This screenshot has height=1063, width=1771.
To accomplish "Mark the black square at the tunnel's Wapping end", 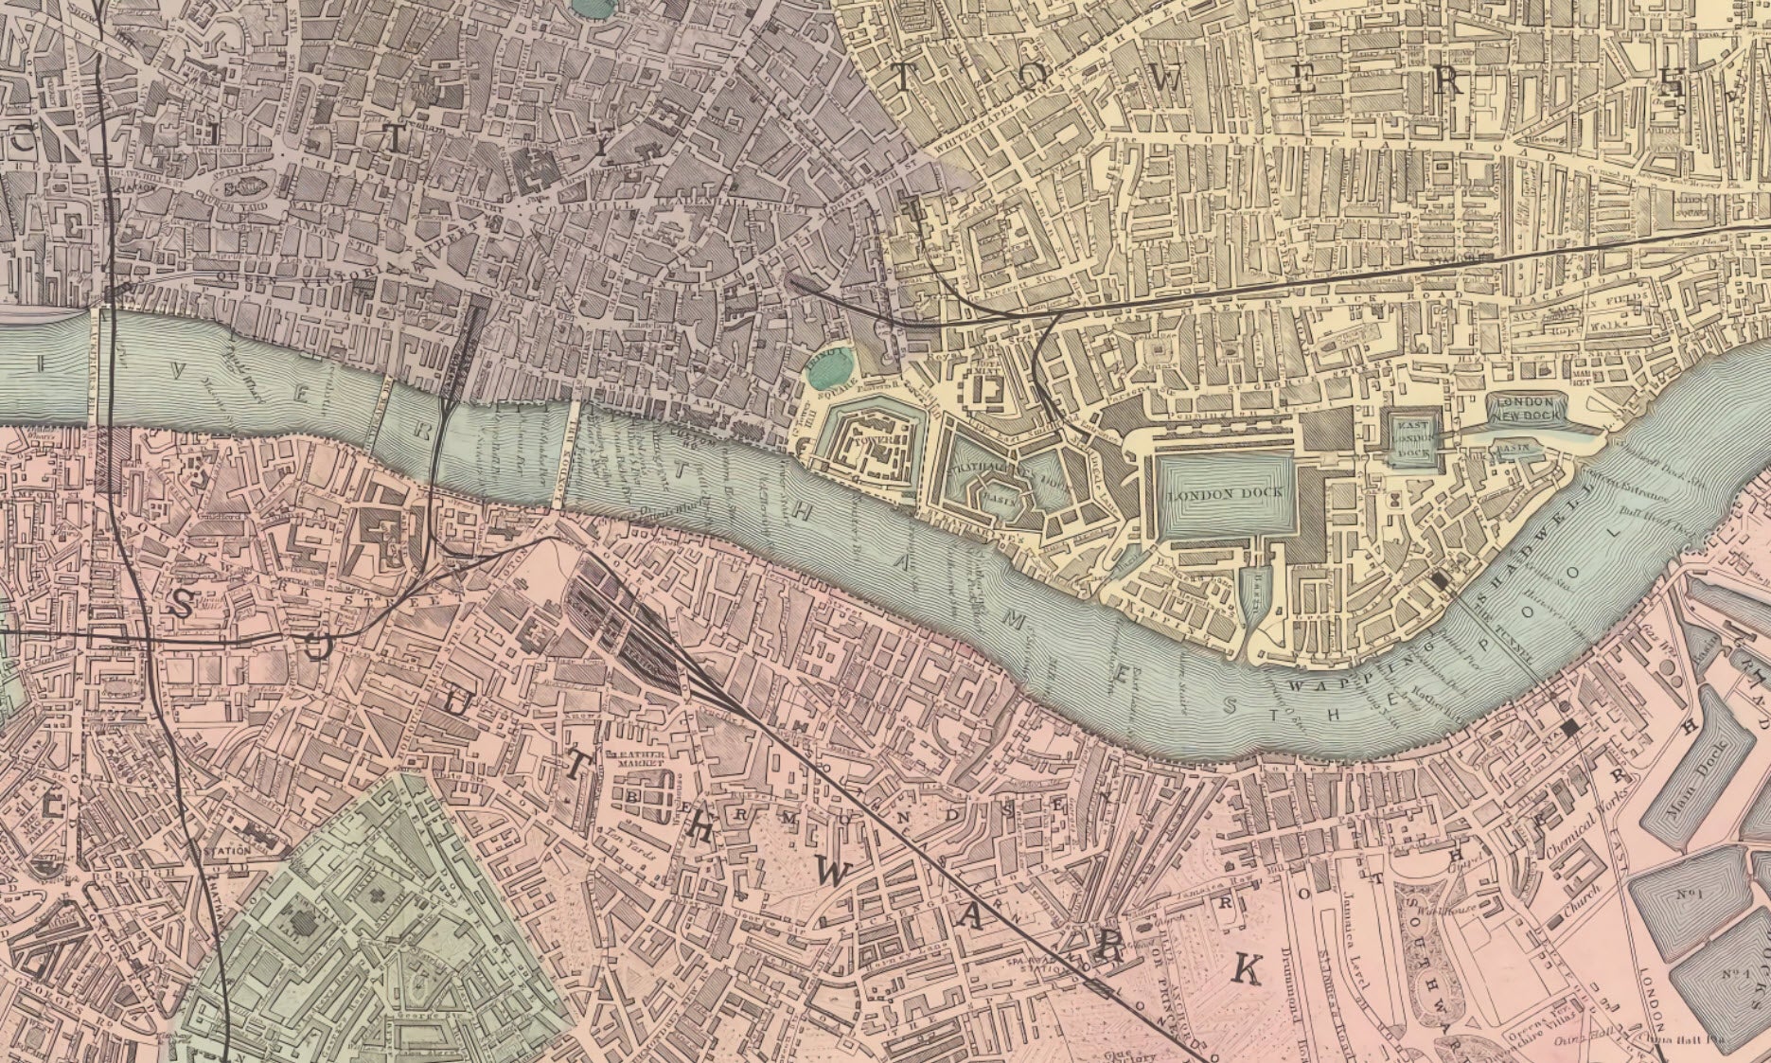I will click(1442, 580).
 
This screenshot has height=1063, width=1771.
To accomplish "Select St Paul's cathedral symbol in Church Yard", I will click(248, 186).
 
